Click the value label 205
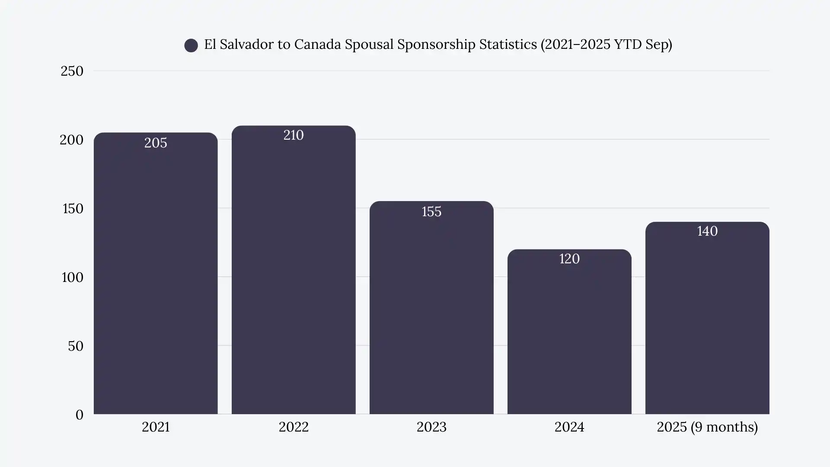[x=156, y=143]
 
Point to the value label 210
[x=294, y=135]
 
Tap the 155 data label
[x=431, y=211]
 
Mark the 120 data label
[x=569, y=259]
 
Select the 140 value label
[x=707, y=231]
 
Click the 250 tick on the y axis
[x=72, y=71]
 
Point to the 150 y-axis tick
[x=73, y=208]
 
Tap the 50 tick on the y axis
[x=76, y=346]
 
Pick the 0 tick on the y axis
[x=79, y=415]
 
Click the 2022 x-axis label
[x=294, y=427]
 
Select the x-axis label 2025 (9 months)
[x=707, y=427]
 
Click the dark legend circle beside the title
[x=191, y=45]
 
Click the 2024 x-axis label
[x=569, y=427]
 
